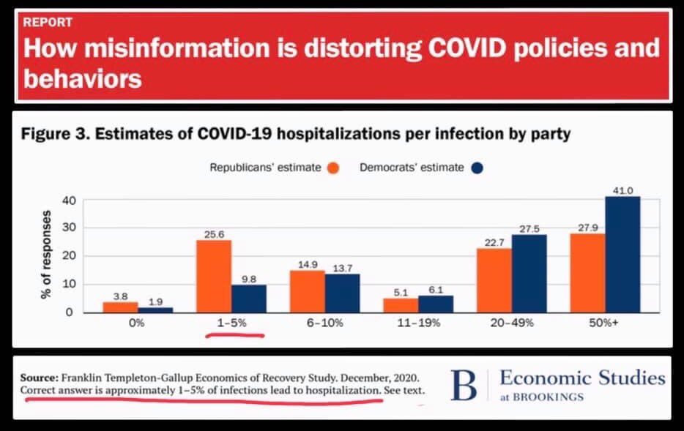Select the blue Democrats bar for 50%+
click(x=622, y=254)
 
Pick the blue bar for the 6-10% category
click(x=342, y=293)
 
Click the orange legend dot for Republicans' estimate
click(x=333, y=168)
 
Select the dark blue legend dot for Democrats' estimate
click(x=477, y=168)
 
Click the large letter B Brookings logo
click(x=464, y=386)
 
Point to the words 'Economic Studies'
click(x=582, y=378)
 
